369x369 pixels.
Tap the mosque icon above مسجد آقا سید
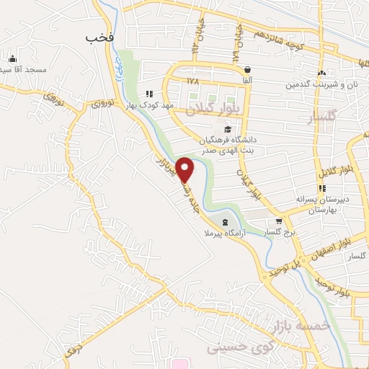[x=11, y=58]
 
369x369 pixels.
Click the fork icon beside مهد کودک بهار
[x=149, y=94]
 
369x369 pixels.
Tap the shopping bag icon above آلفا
[x=247, y=70]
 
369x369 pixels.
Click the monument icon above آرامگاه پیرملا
[x=226, y=222]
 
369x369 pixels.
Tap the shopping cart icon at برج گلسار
[x=279, y=222]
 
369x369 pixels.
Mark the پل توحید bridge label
[x=285, y=264]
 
